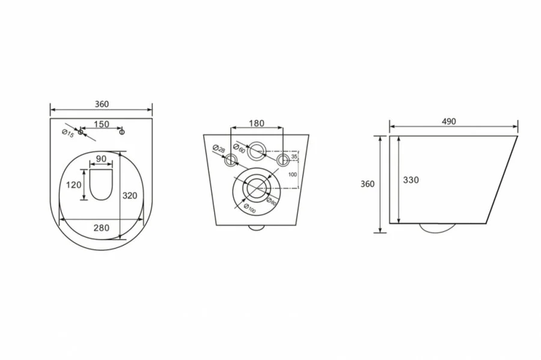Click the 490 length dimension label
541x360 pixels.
click(448, 121)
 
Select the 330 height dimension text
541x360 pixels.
click(411, 179)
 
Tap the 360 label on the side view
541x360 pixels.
click(368, 184)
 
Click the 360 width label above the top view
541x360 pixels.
click(102, 104)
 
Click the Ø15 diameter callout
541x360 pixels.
click(68, 134)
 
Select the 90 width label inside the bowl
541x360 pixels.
click(101, 159)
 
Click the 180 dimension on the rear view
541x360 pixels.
click(256, 123)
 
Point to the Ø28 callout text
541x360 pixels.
click(218, 148)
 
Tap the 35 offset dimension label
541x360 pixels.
click(294, 156)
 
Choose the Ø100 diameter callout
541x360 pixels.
click(246, 208)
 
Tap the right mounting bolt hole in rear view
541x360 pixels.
click(283, 160)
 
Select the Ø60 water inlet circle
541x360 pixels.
click(257, 150)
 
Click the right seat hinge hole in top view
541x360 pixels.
click(122, 132)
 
